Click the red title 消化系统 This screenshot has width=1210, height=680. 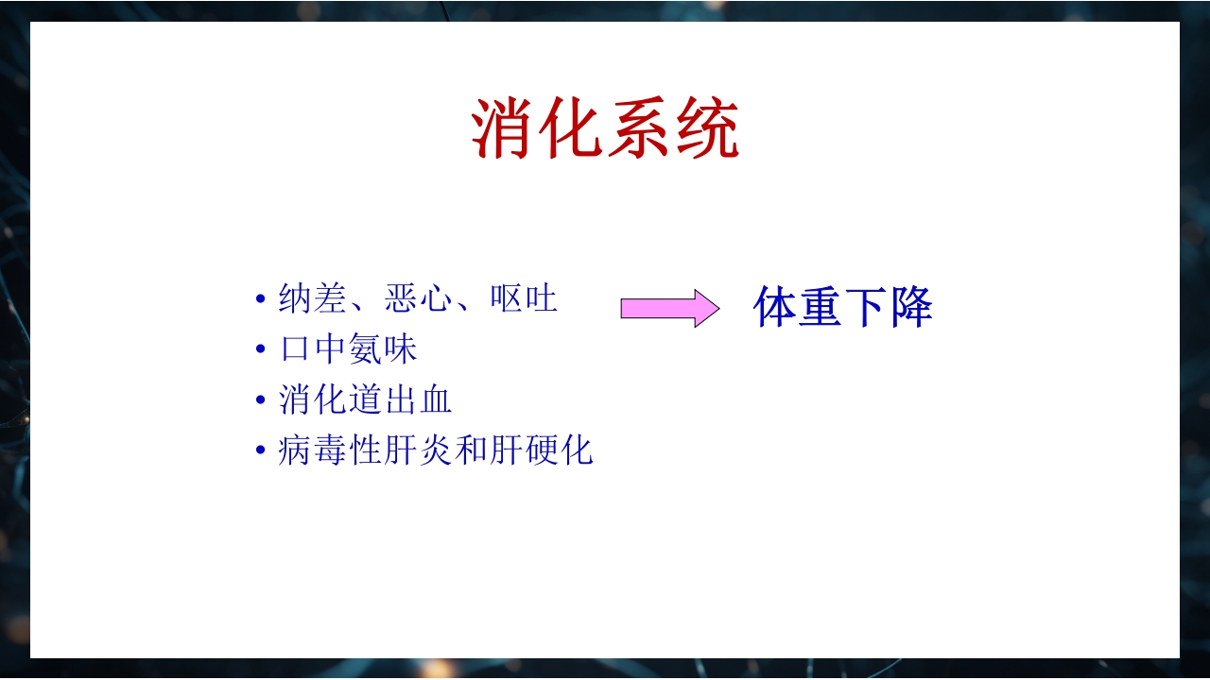tap(605, 129)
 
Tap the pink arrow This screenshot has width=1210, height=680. tap(669, 308)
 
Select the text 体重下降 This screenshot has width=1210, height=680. tap(842, 307)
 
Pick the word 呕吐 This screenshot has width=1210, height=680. tap(524, 299)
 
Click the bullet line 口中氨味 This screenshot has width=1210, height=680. tap(348, 350)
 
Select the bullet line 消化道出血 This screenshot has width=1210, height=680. tap(365, 400)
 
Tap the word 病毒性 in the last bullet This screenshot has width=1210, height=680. tap(330, 451)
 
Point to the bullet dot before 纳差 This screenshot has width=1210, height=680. tap(261, 300)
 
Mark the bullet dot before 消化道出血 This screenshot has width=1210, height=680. tap(261, 401)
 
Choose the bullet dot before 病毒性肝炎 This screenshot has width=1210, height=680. tap(261, 452)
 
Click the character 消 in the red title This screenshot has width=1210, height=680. tap(504, 129)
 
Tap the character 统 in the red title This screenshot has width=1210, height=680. tap(707, 129)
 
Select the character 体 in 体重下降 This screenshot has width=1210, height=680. tap(775, 307)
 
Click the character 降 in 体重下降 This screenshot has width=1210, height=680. tap(910, 307)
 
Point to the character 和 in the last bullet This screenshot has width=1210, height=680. tap(471, 451)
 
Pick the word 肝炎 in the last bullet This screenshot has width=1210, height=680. tap(418, 451)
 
